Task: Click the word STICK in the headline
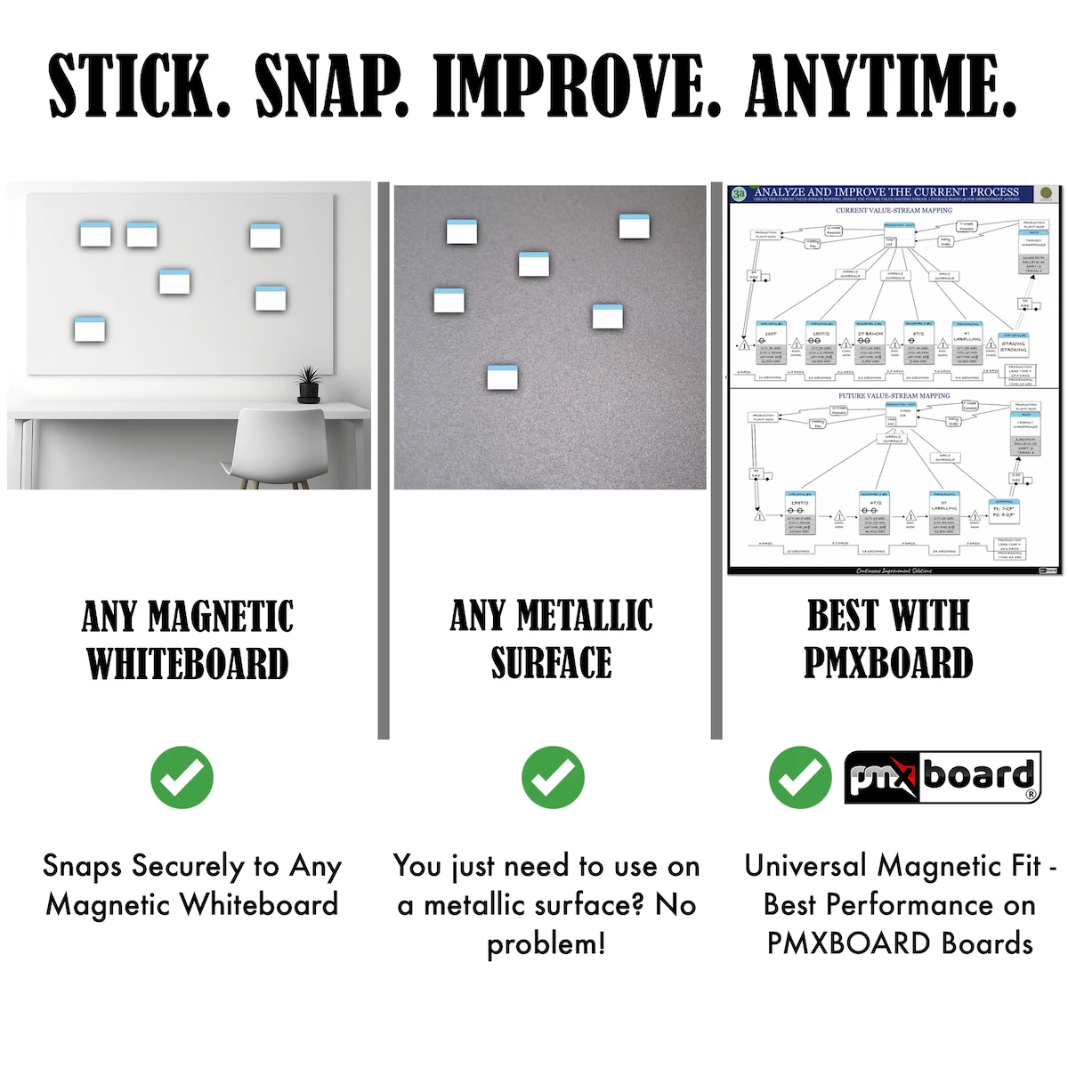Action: (138, 85)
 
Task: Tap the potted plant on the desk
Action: (308, 384)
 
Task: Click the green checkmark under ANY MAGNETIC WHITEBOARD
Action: (182, 777)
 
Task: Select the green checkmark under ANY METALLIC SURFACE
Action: (553, 777)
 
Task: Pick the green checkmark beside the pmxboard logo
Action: (799, 777)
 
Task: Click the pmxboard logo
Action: (942, 777)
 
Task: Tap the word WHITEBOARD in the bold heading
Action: (188, 664)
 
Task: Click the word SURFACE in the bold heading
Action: (552, 663)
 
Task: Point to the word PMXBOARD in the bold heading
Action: (888, 662)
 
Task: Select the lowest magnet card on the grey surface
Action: (504, 377)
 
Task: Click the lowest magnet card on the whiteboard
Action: (90, 329)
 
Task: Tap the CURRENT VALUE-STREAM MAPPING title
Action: (894, 211)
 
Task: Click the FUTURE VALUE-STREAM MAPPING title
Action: (894, 395)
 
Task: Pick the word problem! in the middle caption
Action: (546, 943)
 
